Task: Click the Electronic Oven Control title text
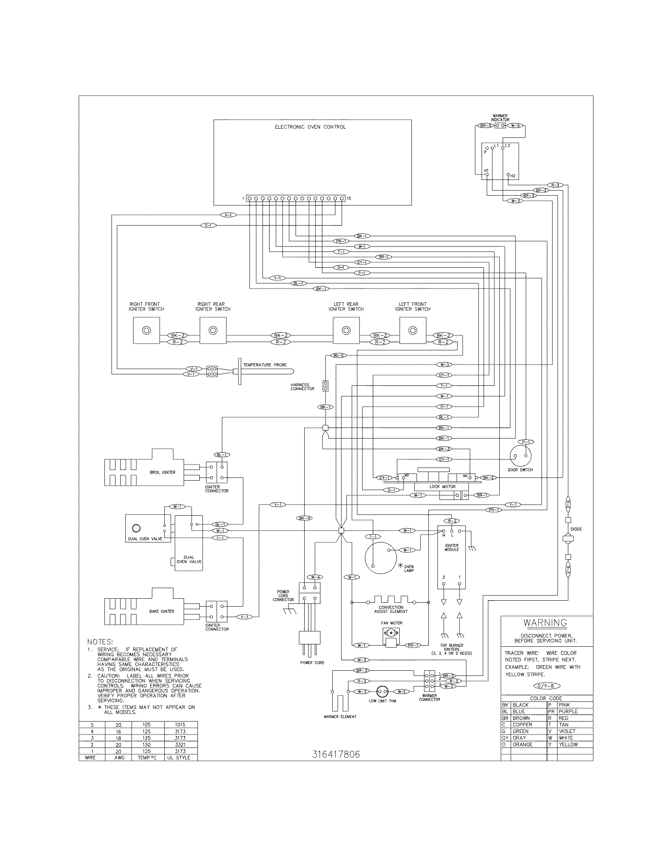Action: click(310, 127)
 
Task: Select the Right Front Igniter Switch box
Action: click(146, 331)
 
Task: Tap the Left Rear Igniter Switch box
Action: click(346, 331)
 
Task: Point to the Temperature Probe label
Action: click(265, 365)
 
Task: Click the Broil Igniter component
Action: click(144, 472)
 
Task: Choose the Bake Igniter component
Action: click(144, 611)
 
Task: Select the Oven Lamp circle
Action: click(381, 558)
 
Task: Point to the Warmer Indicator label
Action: click(500, 118)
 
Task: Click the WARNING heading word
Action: click(545, 623)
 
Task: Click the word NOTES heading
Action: click(100, 642)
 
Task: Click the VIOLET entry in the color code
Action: click(567, 731)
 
